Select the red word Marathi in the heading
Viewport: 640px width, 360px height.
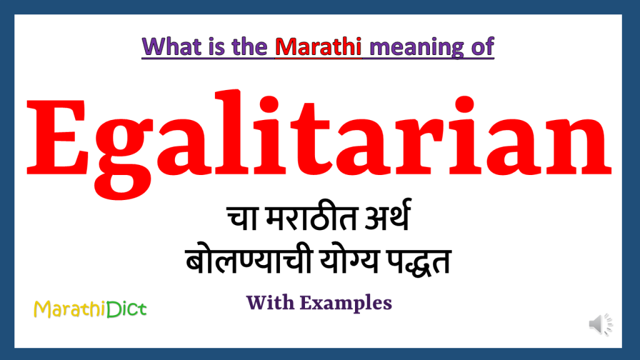click(x=319, y=47)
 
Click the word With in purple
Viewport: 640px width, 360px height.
click(x=270, y=303)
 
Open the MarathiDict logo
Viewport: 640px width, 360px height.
click(x=90, y=309)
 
